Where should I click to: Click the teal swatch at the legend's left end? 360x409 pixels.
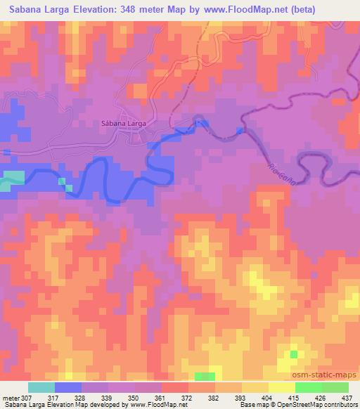(x=41, y=387)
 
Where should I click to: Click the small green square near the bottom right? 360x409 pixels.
(x=293, y=353)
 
